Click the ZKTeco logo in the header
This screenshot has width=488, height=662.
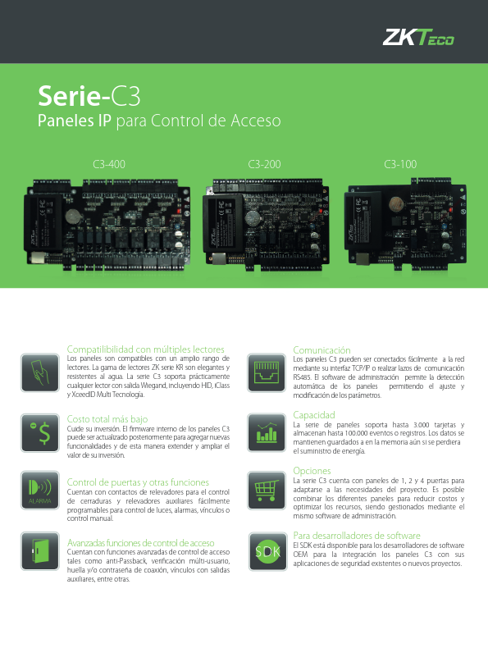pyautogui.click(x=418, y=37)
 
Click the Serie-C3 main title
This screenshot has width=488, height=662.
pyautogui.click(x=89, y=96)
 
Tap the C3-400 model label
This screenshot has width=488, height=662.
pyautogui.click(x=109, y=164)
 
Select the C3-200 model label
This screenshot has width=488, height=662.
pyautogui.click(x=264, y=164)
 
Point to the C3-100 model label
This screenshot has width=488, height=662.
pyautogui.click(x=400, y=164)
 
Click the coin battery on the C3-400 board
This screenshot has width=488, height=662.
pyautogui.click(x=73, y=217)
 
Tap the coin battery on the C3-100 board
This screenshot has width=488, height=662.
pyautogui.click(x=396, y=204)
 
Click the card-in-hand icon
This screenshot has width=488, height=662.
pyautogui.click(x=40, y=372)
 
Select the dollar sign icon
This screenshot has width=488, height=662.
pyautogui.click(x=40, y=433)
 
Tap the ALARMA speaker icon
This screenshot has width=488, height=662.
pyautogui.click(x=40, y=491)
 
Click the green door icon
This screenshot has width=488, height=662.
pyautogui.click(x=40, y=551)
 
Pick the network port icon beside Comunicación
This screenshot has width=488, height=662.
pyautogui.click(x=267, y=372)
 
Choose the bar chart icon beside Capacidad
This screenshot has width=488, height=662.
pyautogui.click(x=267, y=433)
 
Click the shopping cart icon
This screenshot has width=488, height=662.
pyautogui.click(x=267, y=491)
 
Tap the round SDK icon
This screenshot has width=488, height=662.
pyautogui.click(x=267, y=551)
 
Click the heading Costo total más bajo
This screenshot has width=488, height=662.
pyautogui.click(x=107, y=419)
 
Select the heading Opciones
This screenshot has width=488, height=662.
pyautogui.click(x=312, y=471)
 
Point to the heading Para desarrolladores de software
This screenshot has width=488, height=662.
pyautogui.click(x=357, y=536)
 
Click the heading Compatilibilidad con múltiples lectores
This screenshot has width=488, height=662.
pyautogui.click(x=146, y=349)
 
